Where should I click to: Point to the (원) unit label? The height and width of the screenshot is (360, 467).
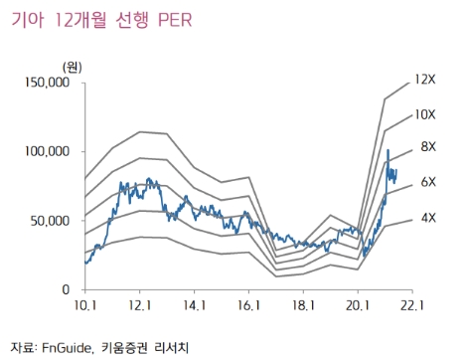[x=73, y=66]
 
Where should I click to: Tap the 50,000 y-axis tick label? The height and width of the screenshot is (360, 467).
[x=49, y=220]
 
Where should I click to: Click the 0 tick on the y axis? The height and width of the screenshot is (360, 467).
[x=65, y=288]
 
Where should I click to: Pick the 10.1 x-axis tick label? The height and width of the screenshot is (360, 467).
[x=85, y=306]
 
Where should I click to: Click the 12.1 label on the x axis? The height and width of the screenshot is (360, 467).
[x=140, y=306]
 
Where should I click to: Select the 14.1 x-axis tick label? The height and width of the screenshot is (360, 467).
[x=195, y=306]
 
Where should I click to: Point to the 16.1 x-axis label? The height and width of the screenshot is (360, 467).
[x=249, y=306]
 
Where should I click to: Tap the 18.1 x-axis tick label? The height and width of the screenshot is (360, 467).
[x=304, y=306]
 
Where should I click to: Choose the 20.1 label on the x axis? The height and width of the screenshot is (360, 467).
[x=359, y=306]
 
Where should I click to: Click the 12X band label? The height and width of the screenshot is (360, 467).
[x=425, y=78]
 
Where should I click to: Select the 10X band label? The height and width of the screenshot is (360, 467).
[x=425, y=115]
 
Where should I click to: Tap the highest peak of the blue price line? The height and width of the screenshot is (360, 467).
[x=389, y=150]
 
